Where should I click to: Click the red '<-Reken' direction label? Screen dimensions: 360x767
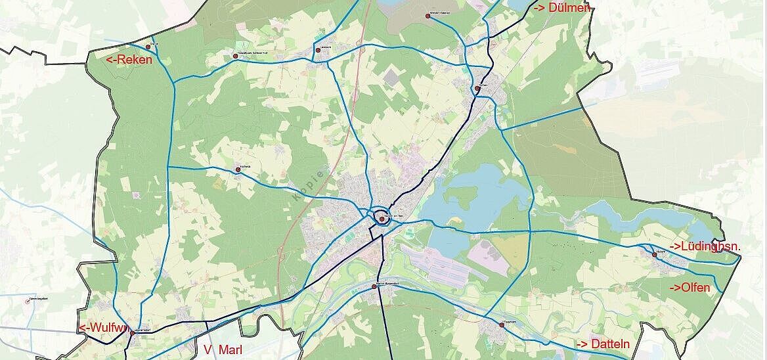point(129,60)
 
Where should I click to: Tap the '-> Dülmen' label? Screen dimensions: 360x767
point(562,8)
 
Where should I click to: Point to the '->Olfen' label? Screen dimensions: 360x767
point(690,288)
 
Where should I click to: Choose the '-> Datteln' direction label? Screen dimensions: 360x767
point(603,344)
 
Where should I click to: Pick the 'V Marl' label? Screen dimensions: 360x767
point(223,350)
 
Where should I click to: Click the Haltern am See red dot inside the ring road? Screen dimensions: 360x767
point(382,219)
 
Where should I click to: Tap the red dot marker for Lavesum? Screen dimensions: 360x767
point(318,49)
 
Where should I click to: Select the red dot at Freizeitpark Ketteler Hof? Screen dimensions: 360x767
point(235,56)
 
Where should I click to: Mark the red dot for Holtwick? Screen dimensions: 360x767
point(238,169)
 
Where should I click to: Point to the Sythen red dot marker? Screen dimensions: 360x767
point(477,87)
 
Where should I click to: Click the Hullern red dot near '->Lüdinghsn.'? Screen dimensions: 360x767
point(655,254)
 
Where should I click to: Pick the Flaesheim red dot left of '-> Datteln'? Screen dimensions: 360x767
point(502,325)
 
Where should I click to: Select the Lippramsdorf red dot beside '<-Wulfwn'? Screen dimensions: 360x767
point(132,333)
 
